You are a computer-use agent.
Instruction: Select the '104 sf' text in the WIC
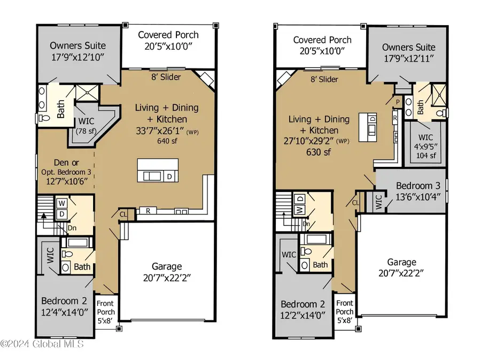coord(426,156)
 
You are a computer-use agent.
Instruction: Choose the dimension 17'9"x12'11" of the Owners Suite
coord(408,59)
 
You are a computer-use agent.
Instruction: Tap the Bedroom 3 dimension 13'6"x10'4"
coord(418,196)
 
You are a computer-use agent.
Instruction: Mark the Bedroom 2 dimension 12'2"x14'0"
coord(303,316)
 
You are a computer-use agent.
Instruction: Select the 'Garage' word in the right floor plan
coord(401,262)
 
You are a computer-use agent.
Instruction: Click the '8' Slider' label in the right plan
coord(323,79)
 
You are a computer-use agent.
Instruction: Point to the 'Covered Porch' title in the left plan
coord(168,35)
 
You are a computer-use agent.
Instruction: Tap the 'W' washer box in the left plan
coord(61,203)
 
